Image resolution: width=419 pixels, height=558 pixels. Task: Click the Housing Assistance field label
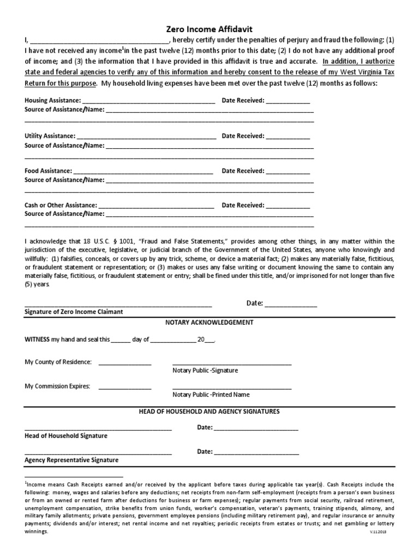[x=52, y=100]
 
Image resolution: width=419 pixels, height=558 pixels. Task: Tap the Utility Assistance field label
[x=50, y=136]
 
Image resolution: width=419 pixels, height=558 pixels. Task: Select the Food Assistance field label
[x=48, y=171]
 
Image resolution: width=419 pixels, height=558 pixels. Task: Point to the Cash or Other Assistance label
[x=61, y=205]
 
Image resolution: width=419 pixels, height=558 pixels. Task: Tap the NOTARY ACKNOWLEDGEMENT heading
[x=209, y=323]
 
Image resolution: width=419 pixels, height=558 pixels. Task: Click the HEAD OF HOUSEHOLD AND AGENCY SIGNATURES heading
[x=209, y=411]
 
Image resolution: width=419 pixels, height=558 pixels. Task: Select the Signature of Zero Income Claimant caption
[x=74, y=312]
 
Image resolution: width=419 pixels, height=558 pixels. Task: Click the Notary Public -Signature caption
[x=205, y=371]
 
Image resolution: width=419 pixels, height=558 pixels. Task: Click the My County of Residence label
[x=58, y=362]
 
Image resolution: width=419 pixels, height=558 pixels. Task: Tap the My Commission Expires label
[x=57, y=386]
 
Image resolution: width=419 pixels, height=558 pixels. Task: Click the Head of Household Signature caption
[x=66, y=436]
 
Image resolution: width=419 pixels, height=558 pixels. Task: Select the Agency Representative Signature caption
[x=71, y=460]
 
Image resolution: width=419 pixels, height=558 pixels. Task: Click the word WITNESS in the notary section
[x=37, y=339]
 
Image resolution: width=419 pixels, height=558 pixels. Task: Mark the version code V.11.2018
[x=385, y=532]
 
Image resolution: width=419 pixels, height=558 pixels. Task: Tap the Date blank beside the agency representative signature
[x=256, y=452]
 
